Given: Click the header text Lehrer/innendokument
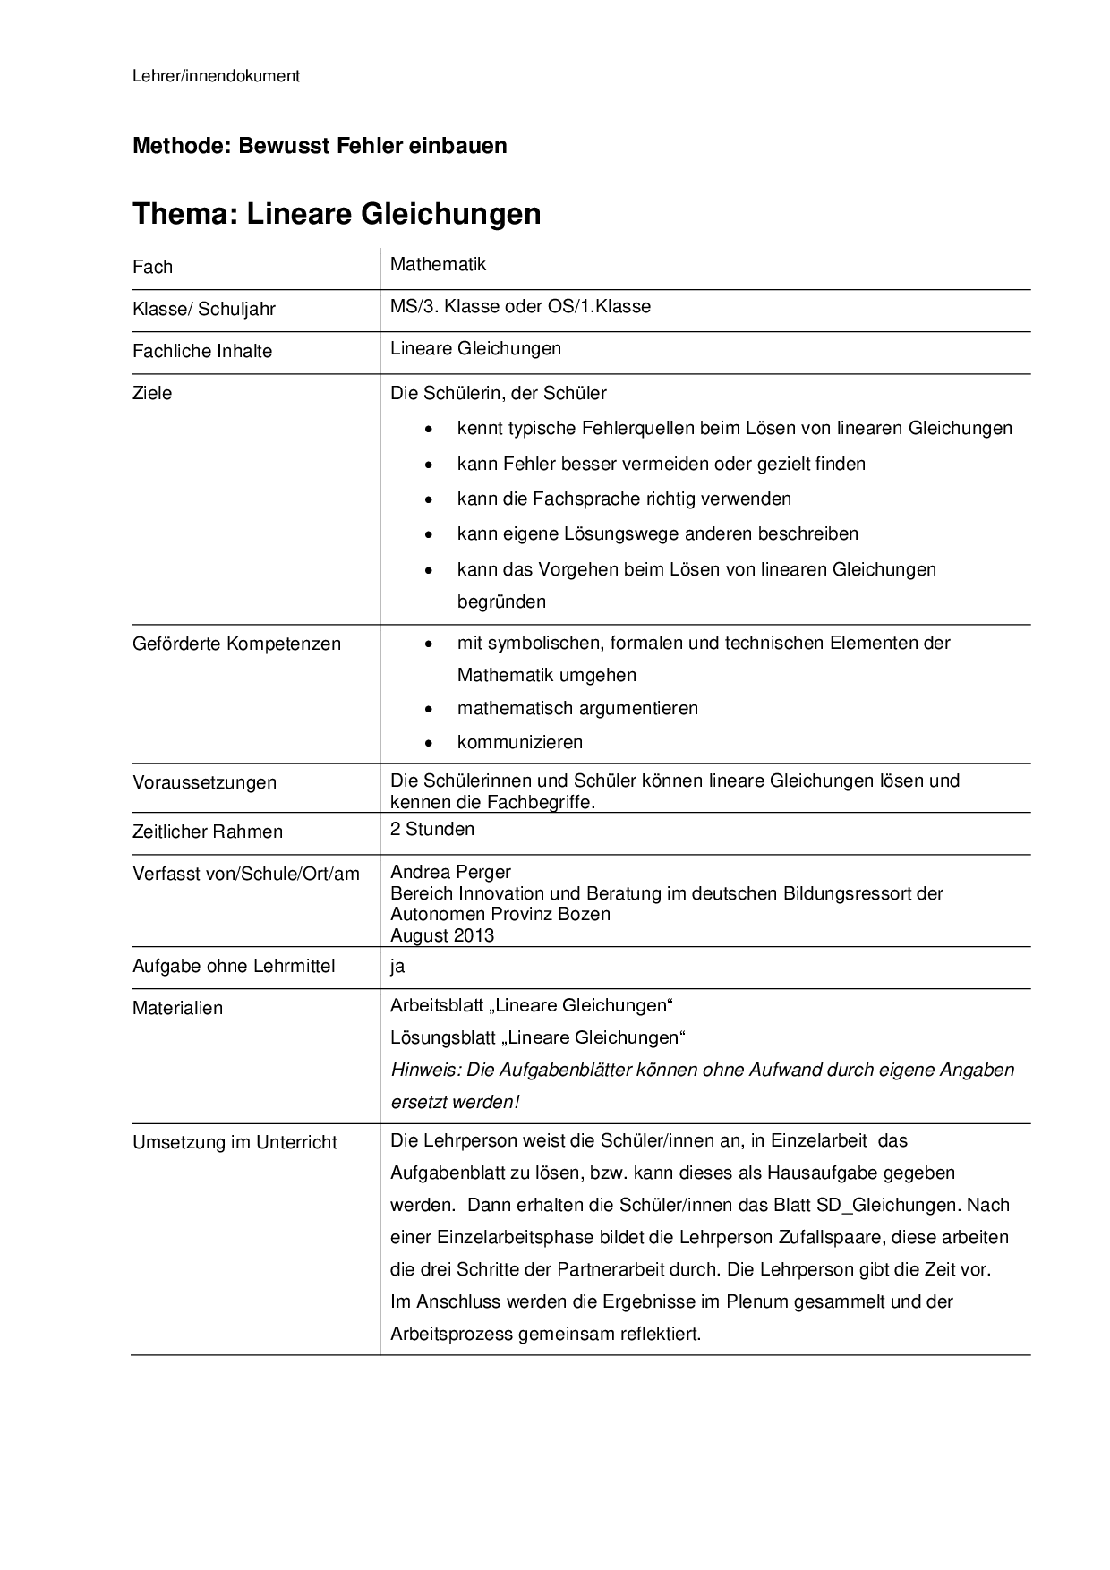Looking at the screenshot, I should pos(216,76).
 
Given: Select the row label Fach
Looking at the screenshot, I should pos(152,267).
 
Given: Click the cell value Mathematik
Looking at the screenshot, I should pos(438,264).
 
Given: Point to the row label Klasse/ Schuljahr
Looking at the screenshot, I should pos(203,309).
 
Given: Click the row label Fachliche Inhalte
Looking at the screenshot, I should pos(201,351).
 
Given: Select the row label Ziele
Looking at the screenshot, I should pos(152,393).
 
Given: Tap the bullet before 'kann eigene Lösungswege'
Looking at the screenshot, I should pos(431,534).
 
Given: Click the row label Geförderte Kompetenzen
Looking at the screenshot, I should pos(236,644).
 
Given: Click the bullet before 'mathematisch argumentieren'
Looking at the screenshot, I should pos(431,709).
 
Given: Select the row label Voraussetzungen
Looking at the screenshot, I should pos(204,782).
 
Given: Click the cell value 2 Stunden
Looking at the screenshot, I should pos(432,829).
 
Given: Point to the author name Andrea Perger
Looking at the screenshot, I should pos(450,872).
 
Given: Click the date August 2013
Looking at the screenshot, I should pos(442,935).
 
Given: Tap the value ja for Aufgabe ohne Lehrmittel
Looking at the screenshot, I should pos(397,967).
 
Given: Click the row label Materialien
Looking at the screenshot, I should pos(177,1008).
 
